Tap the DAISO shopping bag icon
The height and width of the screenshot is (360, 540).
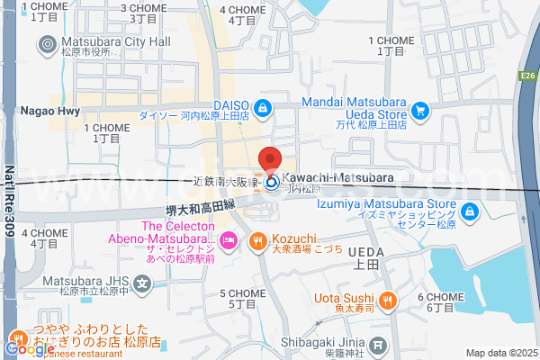point(261,109)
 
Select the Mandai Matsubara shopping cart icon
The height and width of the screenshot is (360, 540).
point(419,110)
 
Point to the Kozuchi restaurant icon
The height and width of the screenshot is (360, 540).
point(256,240)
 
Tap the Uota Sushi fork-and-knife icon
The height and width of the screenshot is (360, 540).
point(388,299)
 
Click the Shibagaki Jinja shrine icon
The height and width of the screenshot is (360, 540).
point(379,344)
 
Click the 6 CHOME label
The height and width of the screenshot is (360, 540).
point(439,301)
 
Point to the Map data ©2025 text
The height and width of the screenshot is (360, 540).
point(499,353)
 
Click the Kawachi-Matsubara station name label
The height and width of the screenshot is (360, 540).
point(337,177)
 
